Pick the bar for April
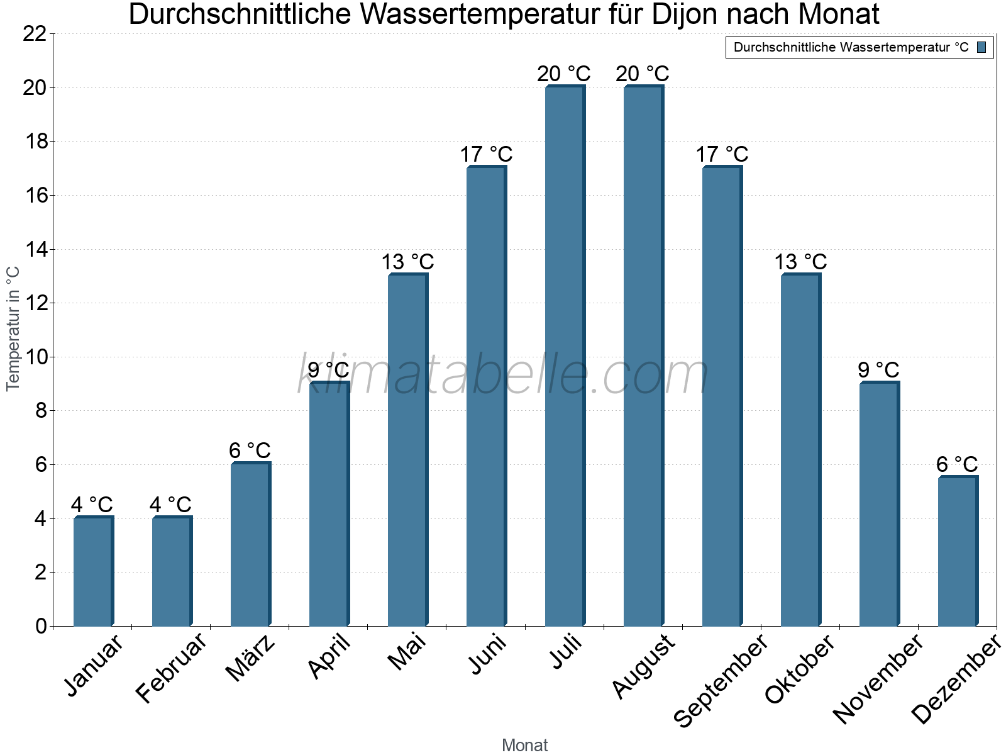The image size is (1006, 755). point(329,503)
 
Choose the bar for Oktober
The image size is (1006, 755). point(800,450)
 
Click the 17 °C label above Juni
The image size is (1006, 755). point(486,154)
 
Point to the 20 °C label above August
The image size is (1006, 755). point(643,74)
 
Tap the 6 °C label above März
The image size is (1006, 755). point(250,450)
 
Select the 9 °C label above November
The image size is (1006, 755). point(878,370)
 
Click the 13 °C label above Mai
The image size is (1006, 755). point(407,262)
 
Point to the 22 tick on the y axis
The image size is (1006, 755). point(35,34)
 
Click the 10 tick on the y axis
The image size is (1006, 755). point(35,357)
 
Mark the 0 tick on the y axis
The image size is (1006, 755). point(41,626)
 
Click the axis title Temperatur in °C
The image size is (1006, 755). point(13,328)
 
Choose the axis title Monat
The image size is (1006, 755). point(524,746)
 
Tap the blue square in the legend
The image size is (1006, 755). point(981,47)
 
